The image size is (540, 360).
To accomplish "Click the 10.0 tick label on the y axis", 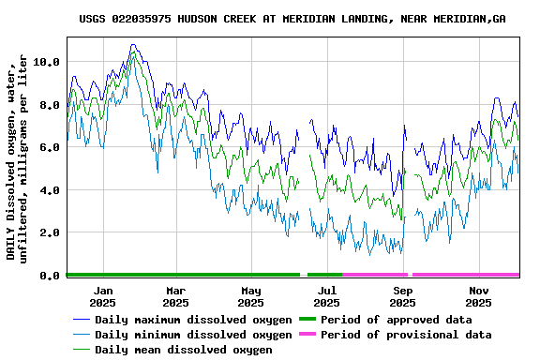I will pos(47,62).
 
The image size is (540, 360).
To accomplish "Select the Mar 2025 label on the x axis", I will pos(175,296).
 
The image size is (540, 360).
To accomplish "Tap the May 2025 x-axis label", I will pos(250,296).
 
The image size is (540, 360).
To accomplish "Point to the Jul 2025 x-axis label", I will pos(326,296).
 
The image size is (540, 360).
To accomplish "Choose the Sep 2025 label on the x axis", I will pos(402,296).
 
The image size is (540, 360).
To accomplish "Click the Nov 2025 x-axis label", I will pos(478,296).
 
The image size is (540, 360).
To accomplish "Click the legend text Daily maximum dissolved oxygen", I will pos(193,320).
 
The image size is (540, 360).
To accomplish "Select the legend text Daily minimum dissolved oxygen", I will pos(193,335).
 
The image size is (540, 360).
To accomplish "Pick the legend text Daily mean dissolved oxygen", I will pos(184,350).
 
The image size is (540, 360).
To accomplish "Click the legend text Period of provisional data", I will pos(406,335).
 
